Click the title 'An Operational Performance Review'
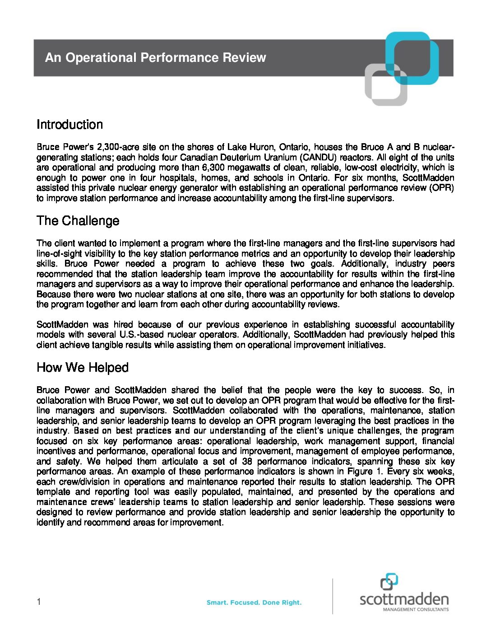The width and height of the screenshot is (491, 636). pyautogui.click(x=155, y=58)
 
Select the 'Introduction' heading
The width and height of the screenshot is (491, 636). pyautogui.click(x=69, y=125)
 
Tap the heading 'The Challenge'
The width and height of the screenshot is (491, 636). pyautogui.click(x=78, y=221)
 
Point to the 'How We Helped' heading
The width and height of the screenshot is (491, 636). pyautogui.click(x=82, y=368)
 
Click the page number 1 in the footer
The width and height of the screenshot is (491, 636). pyautogui.click(x=39, y=602)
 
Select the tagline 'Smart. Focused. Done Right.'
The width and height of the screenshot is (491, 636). pyautogui.click(x=254, y=603)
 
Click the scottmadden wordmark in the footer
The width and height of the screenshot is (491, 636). pyautogui.click(x=404, y=599)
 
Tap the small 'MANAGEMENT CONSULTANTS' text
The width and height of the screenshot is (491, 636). pyautogui.click(x=416, y=610)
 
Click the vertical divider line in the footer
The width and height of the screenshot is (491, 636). pyautogui.click(x=333, y=596)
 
